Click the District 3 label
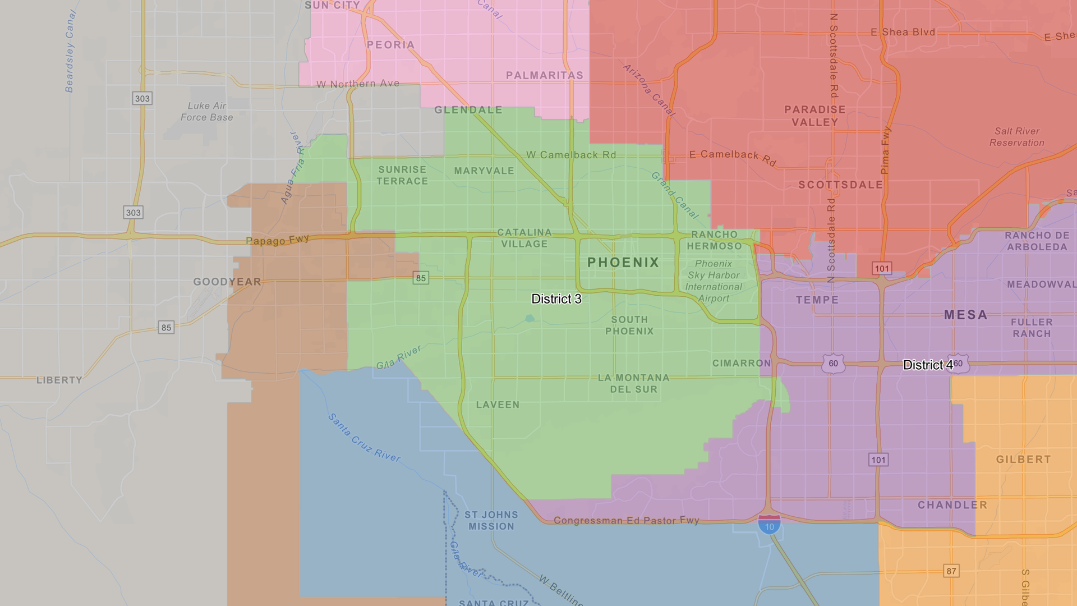coord(556,299)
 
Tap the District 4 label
coord(928,365)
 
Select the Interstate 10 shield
coord(769,526)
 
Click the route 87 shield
coord(951,571)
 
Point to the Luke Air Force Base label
coord(206,112)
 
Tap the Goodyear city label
coord(227,282)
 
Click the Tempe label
coord(817,300)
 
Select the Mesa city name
coord(965,315)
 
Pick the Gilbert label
coord(1023,460)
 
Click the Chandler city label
coord(952,505)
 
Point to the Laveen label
coord(498,405)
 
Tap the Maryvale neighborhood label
coord(484,171)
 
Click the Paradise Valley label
coord(814,116)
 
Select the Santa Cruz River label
coord(364,438)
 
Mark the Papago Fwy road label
coord(277,240)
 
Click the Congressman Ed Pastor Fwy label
coord(626,521)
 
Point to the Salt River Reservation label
coord(1016,137)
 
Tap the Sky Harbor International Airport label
coord(714,281)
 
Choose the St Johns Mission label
coord(491,521)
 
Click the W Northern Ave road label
coord(358,84)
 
